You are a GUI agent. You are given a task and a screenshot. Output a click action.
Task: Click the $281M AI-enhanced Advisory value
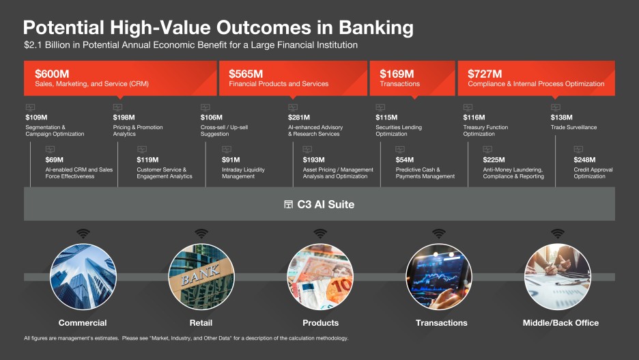point(299,117)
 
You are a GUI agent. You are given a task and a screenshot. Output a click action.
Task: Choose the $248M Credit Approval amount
point(584,160)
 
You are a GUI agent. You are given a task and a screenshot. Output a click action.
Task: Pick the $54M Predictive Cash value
point(404,160)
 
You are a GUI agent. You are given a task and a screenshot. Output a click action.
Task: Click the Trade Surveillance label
point(573,127)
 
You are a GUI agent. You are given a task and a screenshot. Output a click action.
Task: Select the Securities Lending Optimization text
point(399,130)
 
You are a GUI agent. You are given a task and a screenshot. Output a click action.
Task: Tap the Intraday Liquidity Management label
point(243,173)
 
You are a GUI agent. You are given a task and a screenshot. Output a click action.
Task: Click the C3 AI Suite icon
point(289,204)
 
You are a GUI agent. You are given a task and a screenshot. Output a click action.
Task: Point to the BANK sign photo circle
point(201,277)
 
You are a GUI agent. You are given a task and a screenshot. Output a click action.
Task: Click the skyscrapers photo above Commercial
point(83,277)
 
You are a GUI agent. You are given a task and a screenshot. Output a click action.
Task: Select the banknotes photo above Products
point(320,277)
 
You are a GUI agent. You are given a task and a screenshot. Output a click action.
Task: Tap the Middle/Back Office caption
point(560,323)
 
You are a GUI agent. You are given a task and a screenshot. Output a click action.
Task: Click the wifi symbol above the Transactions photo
point(439,234)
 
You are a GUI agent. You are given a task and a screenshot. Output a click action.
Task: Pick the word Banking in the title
point(376,28)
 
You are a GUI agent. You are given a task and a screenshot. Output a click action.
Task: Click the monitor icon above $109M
point(30,108)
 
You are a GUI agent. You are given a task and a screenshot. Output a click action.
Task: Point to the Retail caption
point(201,323)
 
